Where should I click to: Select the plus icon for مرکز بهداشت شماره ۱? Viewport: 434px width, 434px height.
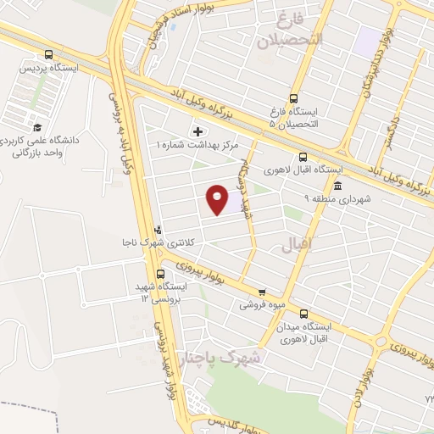tap(199, 132)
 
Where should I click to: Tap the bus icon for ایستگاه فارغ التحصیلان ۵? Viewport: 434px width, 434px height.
tap(293, 97)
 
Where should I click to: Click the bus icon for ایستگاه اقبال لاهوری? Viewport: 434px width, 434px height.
tap(303, 156)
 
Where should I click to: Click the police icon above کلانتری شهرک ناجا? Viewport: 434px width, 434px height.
tap(159, 229)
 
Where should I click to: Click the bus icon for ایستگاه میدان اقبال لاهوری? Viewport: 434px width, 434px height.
tap(303, 312)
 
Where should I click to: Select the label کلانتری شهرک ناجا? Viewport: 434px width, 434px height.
tap(159, 243)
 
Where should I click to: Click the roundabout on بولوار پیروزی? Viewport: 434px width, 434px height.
tap(377, 342)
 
